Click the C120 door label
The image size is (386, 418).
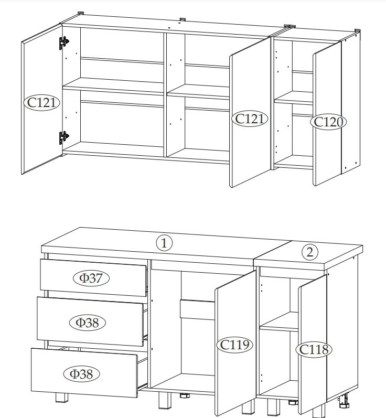point(328,122)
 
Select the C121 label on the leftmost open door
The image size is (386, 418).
point(42,103)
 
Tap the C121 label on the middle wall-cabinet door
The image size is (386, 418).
point(250,119)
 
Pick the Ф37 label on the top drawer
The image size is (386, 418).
point(91,278)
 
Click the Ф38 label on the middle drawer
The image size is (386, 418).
point(88,323)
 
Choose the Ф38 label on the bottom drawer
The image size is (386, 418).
point(82,374)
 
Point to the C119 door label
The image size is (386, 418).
point(234,345)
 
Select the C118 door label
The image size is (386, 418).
point(314,349)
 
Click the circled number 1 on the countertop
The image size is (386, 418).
point(164,243)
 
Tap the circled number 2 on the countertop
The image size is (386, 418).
point(310,252)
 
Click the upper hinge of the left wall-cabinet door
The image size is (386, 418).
point(63,42)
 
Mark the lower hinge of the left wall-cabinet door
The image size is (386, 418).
point(63,137)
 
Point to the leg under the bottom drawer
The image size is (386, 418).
point(62,398)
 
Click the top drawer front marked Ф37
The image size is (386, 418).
point(93,277)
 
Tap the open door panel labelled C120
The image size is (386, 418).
point(327,113)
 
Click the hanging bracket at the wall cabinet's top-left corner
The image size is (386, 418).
point(81,13)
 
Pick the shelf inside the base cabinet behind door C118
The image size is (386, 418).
point(279,322)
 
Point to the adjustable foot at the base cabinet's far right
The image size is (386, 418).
point(344,402)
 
